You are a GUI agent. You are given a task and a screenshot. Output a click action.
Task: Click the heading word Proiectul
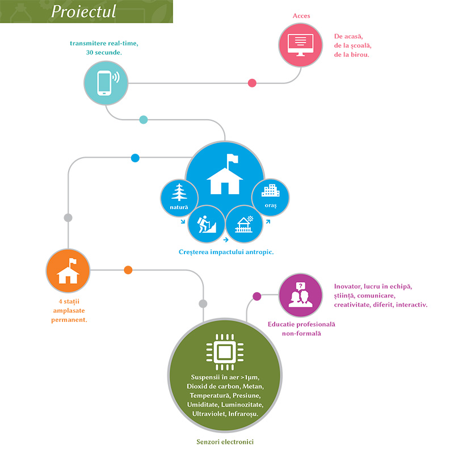(x=83, y=11)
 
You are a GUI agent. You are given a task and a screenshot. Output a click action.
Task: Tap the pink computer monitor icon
(x=301, y=43)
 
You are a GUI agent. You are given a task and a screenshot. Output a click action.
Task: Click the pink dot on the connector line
(x=252, y=83)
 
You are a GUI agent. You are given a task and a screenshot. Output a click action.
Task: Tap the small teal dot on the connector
(x=143, y=120)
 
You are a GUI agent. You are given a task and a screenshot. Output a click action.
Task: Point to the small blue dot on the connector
(x=135, y=158)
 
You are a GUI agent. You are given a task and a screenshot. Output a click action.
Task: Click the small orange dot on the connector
(x=128, y=270)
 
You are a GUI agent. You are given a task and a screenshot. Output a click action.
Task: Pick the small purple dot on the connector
(x=257, y=296)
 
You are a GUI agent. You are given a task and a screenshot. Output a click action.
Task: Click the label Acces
(x=301, y=15)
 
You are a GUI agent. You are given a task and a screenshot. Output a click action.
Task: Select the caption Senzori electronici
(x=225, y=441)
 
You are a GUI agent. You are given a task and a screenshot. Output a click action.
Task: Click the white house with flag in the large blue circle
(x=225, y=175)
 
